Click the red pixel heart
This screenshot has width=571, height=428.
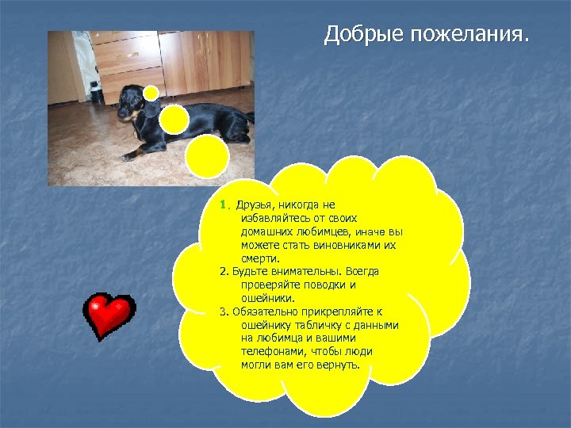point(109,315)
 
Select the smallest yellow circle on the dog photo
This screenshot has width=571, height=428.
point(151,92)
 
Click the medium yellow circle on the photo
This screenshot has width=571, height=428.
point(174,118)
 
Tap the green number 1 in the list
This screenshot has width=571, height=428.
point(224,204)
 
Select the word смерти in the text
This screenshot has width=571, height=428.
point(260,258)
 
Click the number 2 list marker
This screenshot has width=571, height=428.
point(223,272)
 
